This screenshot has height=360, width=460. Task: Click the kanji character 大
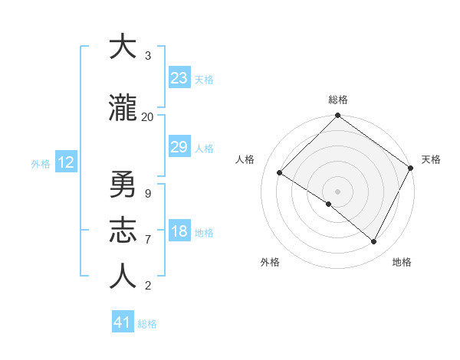pyautogui.click(x=123, y=47)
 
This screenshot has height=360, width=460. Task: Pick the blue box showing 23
pyautogui.click(x=179, y=78)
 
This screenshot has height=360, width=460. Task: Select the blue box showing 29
pyautogui.click(x=179, y=147)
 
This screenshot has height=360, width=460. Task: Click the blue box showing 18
pyautogui.click(x=179, y=232)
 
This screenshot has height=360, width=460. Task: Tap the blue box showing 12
pyautogui.click(x=65, y=162)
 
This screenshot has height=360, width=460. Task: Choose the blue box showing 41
pyautogui.click(x=123, y=322)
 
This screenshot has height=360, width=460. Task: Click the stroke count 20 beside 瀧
pyautogui.click(x=147, y=117)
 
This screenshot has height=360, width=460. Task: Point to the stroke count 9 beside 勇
pyautogui.click(x=147, y=194)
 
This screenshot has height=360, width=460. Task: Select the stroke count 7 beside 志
pyautogui.click(x=147, y=240)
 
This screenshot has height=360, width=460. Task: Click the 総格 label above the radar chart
pyautogui.click(x=337, y=100)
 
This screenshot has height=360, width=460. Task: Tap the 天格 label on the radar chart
pyautogui.click(x=431, y=159)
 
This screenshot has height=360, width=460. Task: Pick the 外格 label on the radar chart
pyautogui.click(x=270, y=263)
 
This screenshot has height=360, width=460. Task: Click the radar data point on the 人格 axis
pyautogui.click(x=280, y=172)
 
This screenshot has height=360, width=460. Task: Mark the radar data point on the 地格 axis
pyautogui.click(x=374, y=242)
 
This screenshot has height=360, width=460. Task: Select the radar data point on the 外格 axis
pyautogui.click(x=329, y=204)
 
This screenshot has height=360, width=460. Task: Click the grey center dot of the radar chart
pyautogui.click(x=337, y=191)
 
